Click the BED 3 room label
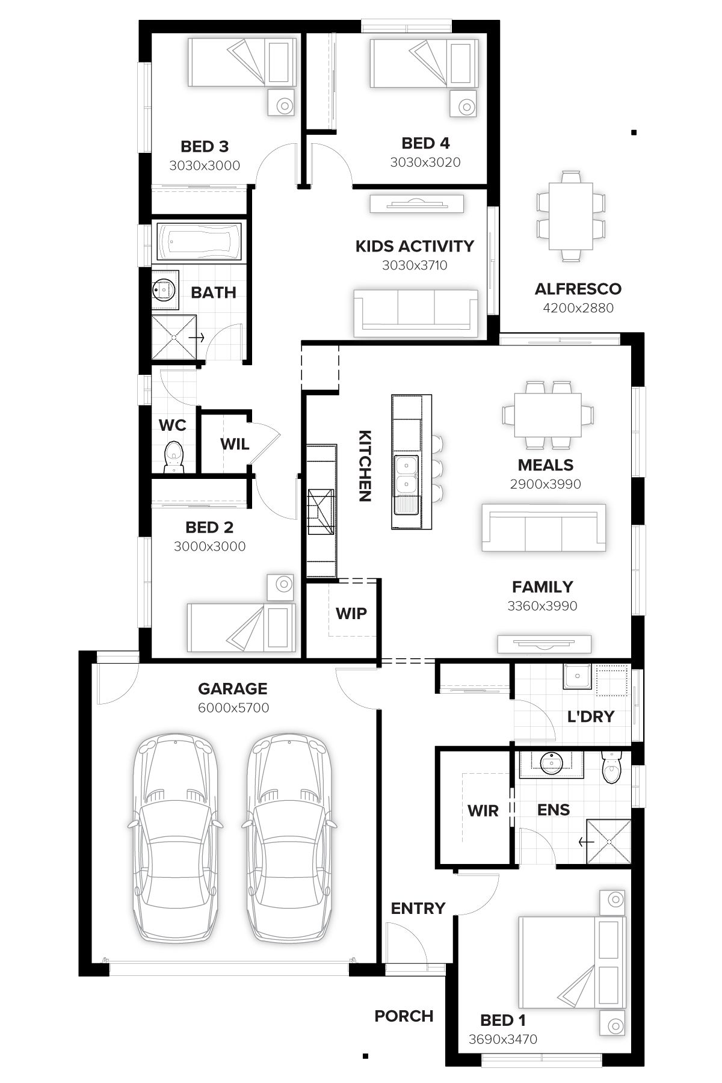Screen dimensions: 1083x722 tap(205, 146)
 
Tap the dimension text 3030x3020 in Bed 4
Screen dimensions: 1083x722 tap(425, 162)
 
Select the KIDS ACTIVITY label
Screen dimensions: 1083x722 tap(415, 246)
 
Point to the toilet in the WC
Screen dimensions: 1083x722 tap(174, 457)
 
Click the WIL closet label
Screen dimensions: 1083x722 tap(234, 444)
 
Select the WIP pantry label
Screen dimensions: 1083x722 tap(351, 613)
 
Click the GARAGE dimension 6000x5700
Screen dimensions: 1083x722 tap(233, 708)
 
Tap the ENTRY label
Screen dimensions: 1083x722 tap(418, 908)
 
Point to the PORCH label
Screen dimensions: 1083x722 tap(404, 1016)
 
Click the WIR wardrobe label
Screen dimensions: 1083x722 tap(483, 810)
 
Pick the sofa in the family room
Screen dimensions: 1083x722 tap(543, 528)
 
